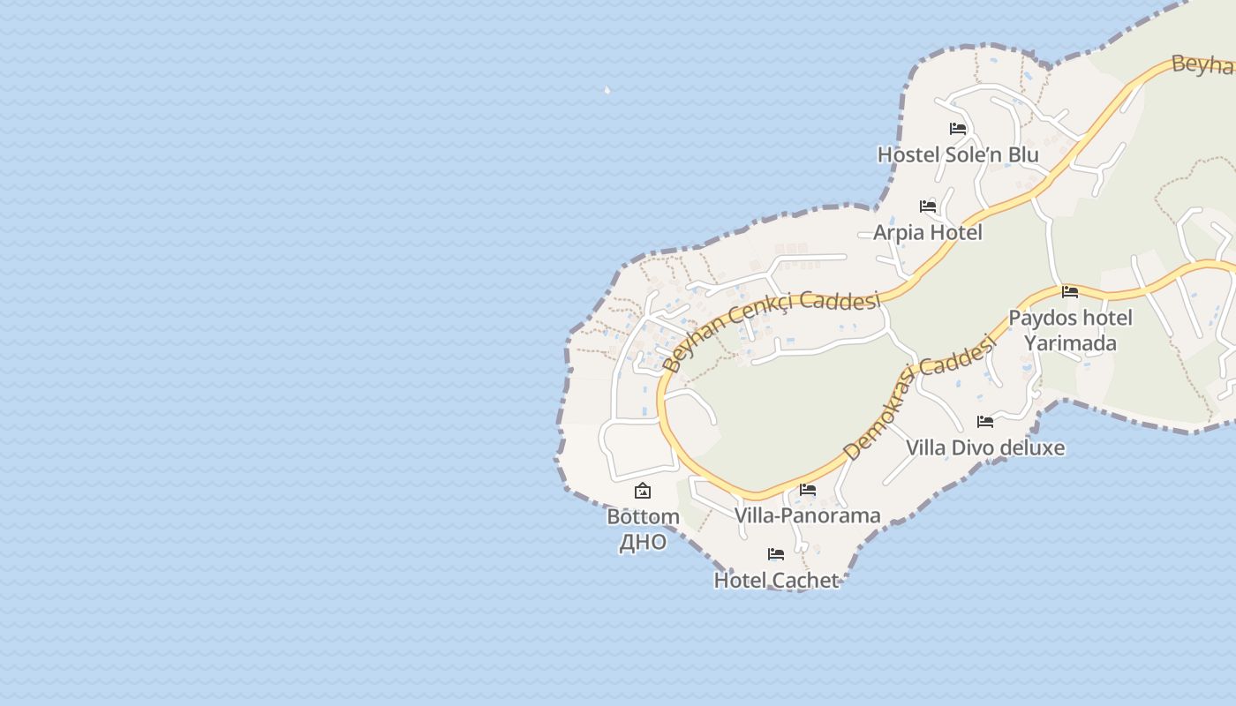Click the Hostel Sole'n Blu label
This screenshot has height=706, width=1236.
click(957, 154)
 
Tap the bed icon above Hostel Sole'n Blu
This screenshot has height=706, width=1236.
click(957, 129)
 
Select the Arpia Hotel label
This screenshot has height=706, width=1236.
click(927, 232)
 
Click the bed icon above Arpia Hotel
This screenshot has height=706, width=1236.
click(927, 207)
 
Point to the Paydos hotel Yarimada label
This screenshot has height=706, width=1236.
click(1070, 330)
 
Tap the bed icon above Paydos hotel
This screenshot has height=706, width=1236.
click(1070, 291)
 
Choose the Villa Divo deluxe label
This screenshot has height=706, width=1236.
click(984, 447)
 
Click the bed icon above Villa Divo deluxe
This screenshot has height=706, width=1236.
click(984, 422)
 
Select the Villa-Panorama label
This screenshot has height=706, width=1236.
click(807, 515)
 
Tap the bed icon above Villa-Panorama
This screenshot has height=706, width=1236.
click(807, 490)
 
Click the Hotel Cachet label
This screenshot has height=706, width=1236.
click(776, 580)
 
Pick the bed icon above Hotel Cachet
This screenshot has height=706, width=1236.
click(776, 554)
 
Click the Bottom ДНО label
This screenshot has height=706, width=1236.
click(643, 529)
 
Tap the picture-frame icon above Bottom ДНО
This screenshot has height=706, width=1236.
click(643, 491)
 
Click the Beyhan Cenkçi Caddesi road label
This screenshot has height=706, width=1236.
click(770, 327)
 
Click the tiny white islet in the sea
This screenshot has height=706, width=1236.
click(607, 89)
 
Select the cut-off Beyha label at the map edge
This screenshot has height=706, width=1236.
click(1202, 64)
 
